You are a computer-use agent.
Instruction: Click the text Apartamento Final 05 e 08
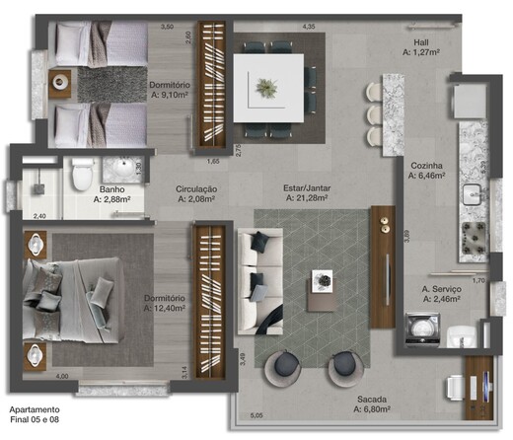pyautogui.click(x=36, y=414)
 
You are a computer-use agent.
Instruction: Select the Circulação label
pyautogui.click(x=196, y=188)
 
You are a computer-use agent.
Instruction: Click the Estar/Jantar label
pyautogui.click(x=306, y=188)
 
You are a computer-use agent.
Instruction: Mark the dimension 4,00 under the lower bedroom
pyautogui.click(x=61, y=375)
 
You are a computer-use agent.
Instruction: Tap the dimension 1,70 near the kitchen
pyautogui.click(x=477, y=280)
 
